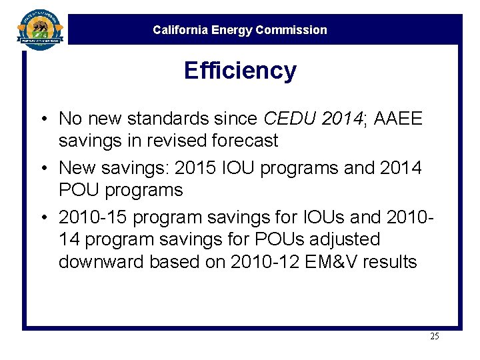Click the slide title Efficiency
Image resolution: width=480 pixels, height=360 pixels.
[240, 70]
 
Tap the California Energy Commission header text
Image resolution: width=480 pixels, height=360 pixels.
[240, 30]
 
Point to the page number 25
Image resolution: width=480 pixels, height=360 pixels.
[434, 336]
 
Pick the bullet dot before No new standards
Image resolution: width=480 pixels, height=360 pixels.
[42, 119]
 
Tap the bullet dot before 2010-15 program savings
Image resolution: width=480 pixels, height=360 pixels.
[42, 217]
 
